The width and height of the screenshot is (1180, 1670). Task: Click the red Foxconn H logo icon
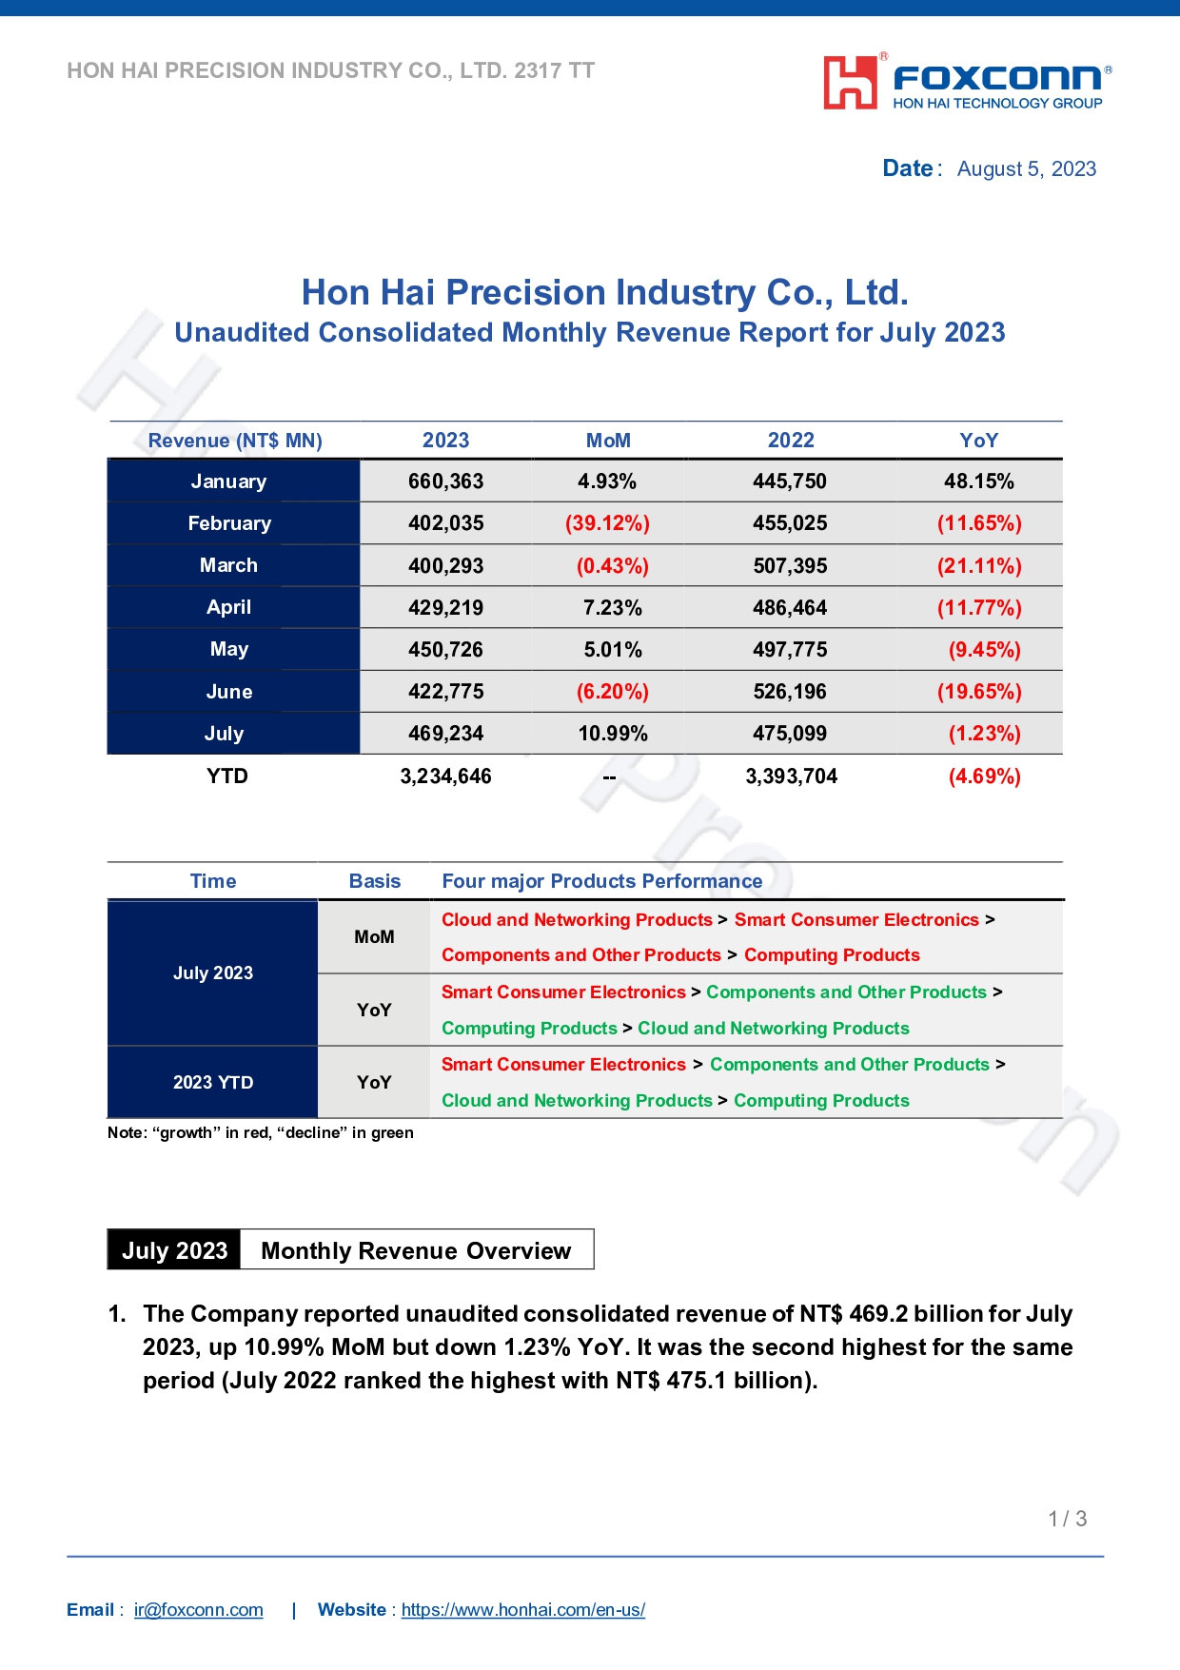click(850, 83)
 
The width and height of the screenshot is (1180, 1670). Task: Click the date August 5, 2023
click(1026, 169)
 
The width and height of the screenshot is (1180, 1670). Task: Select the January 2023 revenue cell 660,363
click(445, 481)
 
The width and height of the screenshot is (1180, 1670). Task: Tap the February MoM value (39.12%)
click(607, 523)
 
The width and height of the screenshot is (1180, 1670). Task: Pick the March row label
click(228, 565)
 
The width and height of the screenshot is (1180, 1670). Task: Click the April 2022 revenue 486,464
click(790, 608)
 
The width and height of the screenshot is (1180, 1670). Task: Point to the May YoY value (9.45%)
click(984, 650)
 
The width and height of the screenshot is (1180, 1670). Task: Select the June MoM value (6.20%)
click(612, 692)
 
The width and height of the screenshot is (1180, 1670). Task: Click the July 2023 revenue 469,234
click(445, 734)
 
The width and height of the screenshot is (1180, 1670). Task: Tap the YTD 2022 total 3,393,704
click(791, 776)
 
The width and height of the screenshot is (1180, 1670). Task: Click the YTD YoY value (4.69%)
click(984, 776)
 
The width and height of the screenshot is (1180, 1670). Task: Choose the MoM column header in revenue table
click(608, 441)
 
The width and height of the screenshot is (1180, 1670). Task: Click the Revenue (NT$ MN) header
click(235, 441)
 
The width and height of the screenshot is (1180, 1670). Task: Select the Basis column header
click(374, 881)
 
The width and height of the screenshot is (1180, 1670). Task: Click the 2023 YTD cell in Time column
click(213, 1083)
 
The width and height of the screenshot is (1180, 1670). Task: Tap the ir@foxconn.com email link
click(198, 1610)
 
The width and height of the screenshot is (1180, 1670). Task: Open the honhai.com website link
click(522, 1610)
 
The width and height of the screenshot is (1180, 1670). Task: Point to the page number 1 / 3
click(1067, 1519)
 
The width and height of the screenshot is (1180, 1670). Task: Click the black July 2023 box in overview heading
click(174, 1250)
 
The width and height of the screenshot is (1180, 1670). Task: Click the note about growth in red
click(260, 1132)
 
